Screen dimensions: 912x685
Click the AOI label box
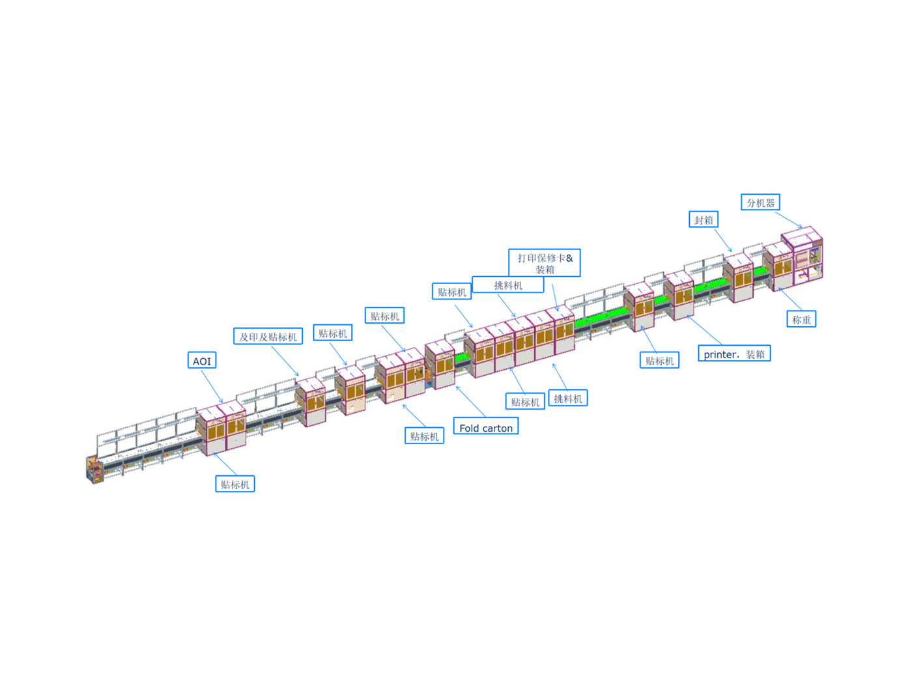pyautogui.click(x=201, y=360)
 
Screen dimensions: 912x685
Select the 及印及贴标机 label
pyautogui.click(x=268, y=336)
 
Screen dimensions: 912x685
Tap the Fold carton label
pyautogui.click(x=485, y=426)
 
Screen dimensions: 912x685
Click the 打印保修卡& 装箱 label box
pyautogui.click(x=544, y=263)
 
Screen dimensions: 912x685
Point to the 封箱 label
pyautogui.click(x=703, y=219)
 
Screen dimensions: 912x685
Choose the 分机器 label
pyautogui.click(x=760, y=202)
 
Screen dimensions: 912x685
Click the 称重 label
pyautogui.click(x=801, y=319)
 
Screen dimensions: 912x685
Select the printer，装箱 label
pyautogui.click(x=734, y=354)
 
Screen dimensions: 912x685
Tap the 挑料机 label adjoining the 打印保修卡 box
pyautogui.click(x=507, y=285)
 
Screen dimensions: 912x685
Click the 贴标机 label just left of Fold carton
pyautogui.click(x=424, y=436)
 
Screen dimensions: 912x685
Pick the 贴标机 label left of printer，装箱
pyautogui.click(x=659, y=360)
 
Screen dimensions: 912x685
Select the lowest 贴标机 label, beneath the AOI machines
pyautogui.click(x=235, y=484)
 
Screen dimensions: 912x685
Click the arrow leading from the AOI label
pyautogui.click(x=212, y=385)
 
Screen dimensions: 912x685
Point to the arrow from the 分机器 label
pyautogui.click(x=789, y=220)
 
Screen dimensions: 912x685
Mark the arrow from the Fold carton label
pyautogui.click(x=470, y=402)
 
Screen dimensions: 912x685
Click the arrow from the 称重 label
pyautogui.click(x=790, y=300)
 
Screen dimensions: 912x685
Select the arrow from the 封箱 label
pyautogui.click(x=723, y=240)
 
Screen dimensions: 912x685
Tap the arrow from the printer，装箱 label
pyautogui.click(x=704, y=330)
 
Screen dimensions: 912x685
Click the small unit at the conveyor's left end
pyautogui.click(x=94, y=469)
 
